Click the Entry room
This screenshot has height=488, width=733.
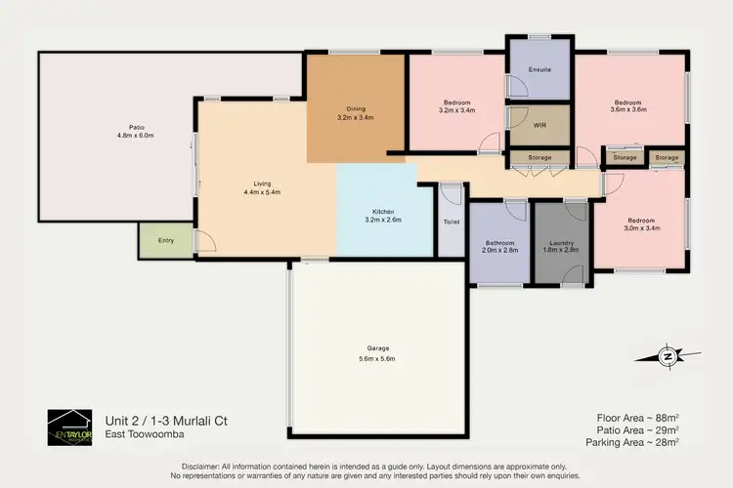[165, 240]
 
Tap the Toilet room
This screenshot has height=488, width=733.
[452, 222]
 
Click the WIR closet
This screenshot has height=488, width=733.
[539, 126]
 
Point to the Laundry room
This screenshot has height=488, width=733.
[561, 248]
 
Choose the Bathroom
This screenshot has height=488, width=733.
[499, 248]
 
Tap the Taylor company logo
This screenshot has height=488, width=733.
[69, 427]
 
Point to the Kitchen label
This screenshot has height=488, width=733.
[383, 212]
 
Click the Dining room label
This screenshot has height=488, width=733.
[356, 109]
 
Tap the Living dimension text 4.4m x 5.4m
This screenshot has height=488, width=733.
[261, 192]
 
